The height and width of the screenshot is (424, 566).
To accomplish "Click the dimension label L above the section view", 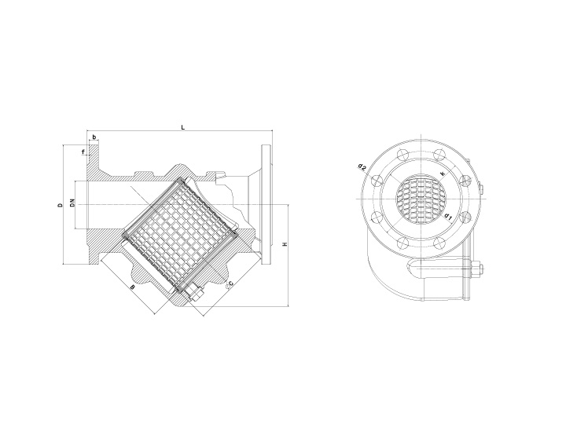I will (182, 126).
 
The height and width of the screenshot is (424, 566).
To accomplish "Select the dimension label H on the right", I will (285, 244).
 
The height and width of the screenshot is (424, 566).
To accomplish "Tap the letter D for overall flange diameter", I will (61, 206).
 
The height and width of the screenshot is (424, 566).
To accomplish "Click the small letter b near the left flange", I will (94, 137).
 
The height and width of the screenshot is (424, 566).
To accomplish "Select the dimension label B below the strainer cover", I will (132, 288).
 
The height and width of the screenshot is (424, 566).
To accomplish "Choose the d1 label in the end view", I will (447, 214).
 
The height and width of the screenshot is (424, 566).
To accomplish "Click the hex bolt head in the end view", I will (476, 273).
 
